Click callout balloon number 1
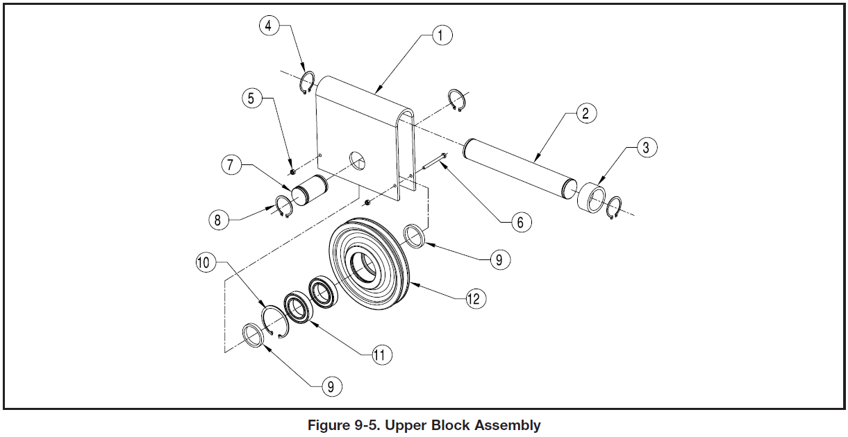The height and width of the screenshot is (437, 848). point(442,35)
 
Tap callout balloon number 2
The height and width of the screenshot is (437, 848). point(586,113)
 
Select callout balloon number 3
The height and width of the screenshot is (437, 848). point(647,147)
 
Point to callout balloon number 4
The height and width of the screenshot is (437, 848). point(269,26)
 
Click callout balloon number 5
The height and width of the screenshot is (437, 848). point(252,98)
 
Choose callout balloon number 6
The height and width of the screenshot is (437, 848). point(522,222)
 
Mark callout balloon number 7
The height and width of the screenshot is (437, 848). point(231,165)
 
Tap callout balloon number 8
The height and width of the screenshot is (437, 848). point(219,220)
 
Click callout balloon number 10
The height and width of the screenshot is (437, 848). point(206,262)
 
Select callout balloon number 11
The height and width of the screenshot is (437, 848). point(381,355)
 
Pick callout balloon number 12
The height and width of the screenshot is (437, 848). point(476,299)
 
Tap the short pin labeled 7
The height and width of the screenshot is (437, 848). point(310,191)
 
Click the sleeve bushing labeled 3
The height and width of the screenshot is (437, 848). point(591,197)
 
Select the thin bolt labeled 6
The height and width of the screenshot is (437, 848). point(435,161)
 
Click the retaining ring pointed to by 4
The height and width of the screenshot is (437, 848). point(308,83)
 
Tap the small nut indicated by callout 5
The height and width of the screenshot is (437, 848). point(292,173)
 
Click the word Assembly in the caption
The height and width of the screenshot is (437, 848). point(508,425)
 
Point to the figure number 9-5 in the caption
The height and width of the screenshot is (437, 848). point(367,425)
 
